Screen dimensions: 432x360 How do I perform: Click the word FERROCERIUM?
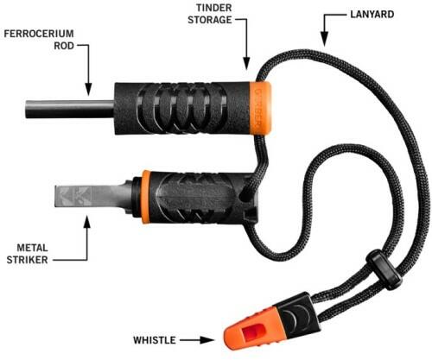pyautogui.click(x=39, y=34)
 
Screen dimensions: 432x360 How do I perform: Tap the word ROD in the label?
pyautogui.click(x=64, y=46)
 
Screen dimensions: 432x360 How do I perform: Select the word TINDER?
pyautogui.click(x=214, y=8)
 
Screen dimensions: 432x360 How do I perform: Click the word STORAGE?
pyautogui.click(x=210, y=20)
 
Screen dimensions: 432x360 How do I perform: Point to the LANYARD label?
pyautogui.click(x=372, y=15)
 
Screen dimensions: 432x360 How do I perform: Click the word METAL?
pyautogui.click(x=32, y=248)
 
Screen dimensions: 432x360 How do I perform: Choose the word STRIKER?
pyautogui.click(x=28, y=260)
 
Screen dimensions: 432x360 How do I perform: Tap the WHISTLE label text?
pyautogui.click(x=155, y=340)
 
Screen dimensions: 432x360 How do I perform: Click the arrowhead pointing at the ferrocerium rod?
pyautogui.click(x=88, y=89)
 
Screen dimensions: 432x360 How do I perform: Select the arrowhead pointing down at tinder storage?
pyautogui.click(x=246, y=63)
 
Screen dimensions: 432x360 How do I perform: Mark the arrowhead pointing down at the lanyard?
pyautogui.click(x=325, y=39)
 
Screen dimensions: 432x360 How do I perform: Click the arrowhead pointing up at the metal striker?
pyautogui.click(x=86, y=221)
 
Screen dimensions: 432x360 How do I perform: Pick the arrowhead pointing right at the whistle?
pyautogui.click(x=207, y=340)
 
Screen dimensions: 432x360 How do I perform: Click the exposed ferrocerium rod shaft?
pyautogui.click(x=69, y=109)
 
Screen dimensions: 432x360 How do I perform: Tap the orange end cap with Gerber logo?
pyautogui.click(x=261, y=108)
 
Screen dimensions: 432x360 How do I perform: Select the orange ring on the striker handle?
pyautogui.click(x=146, y=197)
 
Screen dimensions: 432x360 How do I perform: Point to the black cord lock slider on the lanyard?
pyautogui.click(x=384, y=269)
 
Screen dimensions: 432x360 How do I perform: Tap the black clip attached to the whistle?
pyautogui.click(x=298, y=316)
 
